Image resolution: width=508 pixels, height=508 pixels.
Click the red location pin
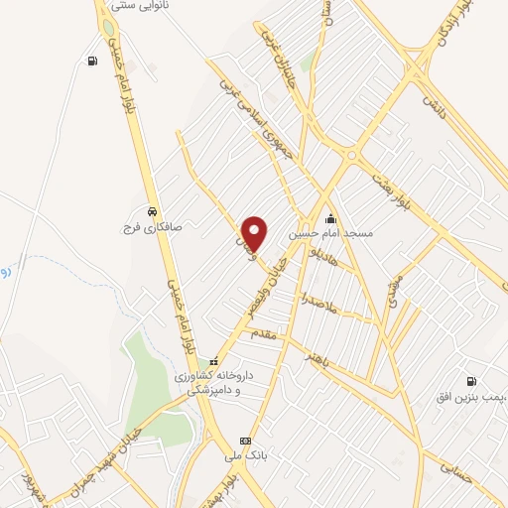point(255,232)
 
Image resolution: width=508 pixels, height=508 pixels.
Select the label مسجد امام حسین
point(330,234)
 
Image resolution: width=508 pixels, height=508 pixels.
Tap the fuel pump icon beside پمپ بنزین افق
point(470,380)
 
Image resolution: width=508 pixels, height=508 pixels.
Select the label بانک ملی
point(246,456)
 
